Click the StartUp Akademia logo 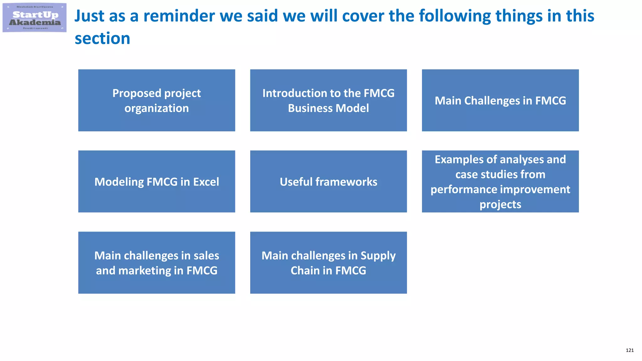[x=34, y=18]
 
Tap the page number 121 [x=629, y=350]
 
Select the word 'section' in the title [x=102, y=39]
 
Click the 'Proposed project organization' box [x=156, y=100]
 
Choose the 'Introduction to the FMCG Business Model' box [x=328, y=100]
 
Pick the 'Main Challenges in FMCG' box [x=500, y=100]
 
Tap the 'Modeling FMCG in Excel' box [x=156, y=181]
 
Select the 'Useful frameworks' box [x=328, y=181]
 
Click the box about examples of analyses [x=500, y=181]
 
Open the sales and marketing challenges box [x=156, y=263]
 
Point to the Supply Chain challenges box [x=328, y=263]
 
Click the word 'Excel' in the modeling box [x=206, y=182]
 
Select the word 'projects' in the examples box [x=500, y=205]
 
